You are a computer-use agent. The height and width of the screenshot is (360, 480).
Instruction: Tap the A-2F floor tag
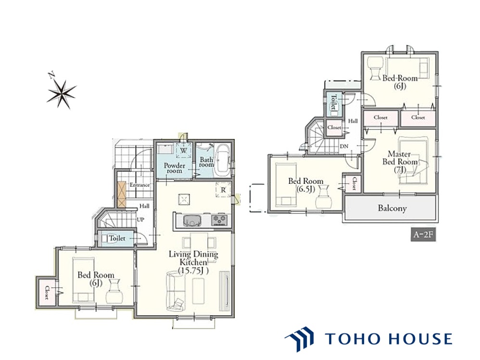tap(423, 235)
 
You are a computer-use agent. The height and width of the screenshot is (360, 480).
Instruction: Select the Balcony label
tap(392, 208)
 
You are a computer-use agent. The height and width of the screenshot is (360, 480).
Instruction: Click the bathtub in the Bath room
tap(222, 160)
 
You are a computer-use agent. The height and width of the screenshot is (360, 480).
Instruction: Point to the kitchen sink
tap(192, 220)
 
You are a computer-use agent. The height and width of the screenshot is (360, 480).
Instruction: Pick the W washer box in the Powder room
tap(184, 151)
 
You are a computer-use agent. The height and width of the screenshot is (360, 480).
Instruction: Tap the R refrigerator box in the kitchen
tap(223, 190)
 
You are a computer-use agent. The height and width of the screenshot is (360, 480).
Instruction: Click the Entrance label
tap(139, 185)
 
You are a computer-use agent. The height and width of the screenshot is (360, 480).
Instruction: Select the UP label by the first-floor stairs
tap(140, 219)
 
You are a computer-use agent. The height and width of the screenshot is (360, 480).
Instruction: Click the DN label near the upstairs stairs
tap(344, 146)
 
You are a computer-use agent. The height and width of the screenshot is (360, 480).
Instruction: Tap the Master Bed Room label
tap(400, 158)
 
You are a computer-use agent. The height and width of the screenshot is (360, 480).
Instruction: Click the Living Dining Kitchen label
tap(193, 258)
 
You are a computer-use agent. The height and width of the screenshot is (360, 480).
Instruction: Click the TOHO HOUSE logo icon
tap(299, 339)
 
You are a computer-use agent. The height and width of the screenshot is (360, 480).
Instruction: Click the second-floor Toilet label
tap(333, 102)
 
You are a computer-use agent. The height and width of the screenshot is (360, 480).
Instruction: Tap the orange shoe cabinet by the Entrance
tap(122, 194)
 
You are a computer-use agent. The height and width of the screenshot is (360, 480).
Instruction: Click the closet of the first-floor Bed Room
tap(47, 292)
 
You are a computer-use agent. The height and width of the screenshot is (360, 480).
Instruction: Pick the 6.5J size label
tap(305, 189)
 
